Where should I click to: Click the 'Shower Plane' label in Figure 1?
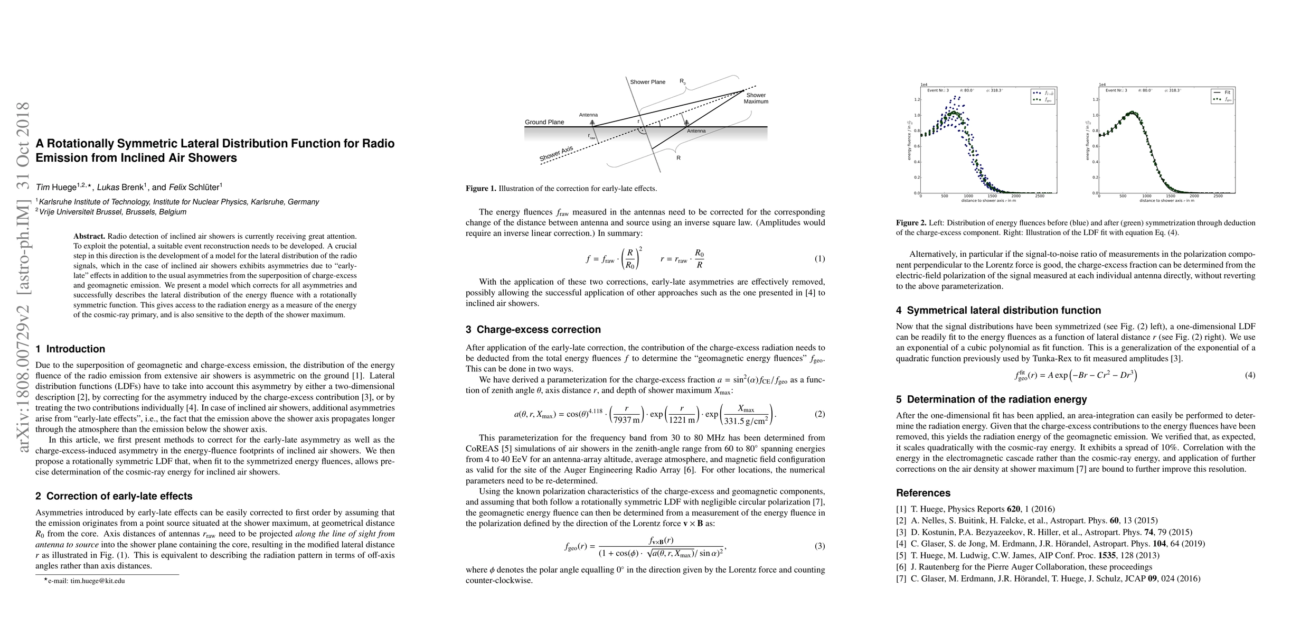click(x=648, y=82)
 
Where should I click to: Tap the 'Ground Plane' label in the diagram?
click(x=544, y=122)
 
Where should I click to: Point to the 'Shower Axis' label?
click(x=556, y=154)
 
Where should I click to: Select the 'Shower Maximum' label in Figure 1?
click(x=756, y=98)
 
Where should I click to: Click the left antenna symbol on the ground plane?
click(x=592, y=123)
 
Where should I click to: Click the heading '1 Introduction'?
click(x=70, y=349)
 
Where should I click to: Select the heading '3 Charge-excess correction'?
click(x=533, y=330)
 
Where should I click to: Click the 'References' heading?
click(x=923, y=493)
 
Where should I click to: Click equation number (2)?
click(x=819, y=414)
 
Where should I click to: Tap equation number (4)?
click(x=1250, y=375)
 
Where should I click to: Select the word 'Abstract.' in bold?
click(x=90, y=236)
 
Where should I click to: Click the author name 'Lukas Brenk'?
click(x=121, y=187)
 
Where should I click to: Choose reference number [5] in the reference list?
click(x=901, y=555)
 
